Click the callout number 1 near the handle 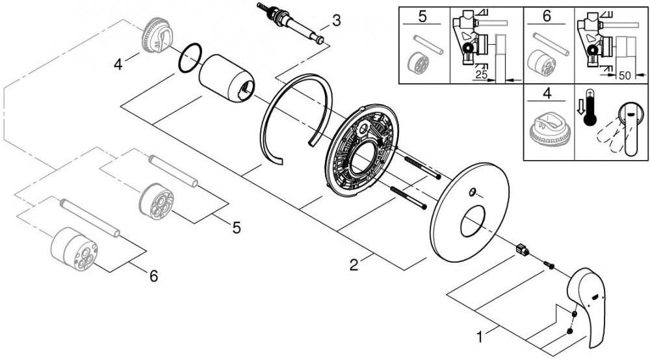(480, 337)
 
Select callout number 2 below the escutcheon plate (354, 264)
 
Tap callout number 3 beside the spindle (335, 20)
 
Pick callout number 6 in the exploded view (153, 276)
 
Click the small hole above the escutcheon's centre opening (472, 193)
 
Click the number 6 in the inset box (547, 16)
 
